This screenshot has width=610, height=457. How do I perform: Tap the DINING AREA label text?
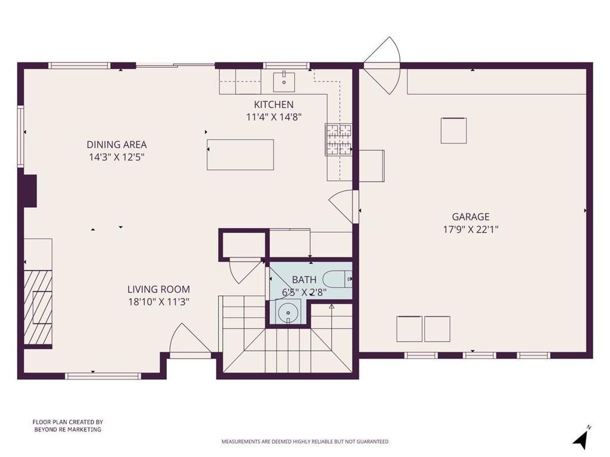click(x=117, y=145)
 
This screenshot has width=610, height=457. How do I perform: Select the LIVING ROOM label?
click(x=158, y=289)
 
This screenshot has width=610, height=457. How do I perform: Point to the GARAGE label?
click(x=470, y=217)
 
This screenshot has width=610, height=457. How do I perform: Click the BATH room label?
click(x=304, y=280)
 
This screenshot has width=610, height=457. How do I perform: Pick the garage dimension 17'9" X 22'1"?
click(x=470, y=229)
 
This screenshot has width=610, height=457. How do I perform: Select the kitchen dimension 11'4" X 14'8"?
click(x=274, y=117)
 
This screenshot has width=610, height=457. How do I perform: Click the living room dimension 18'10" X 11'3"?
click(x=158, y=302)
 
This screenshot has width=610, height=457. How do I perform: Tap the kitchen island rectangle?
click(x=240, y=155)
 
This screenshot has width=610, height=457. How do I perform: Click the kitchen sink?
click(x=284, y=81)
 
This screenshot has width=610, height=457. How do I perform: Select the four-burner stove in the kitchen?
click(x=338, y=140)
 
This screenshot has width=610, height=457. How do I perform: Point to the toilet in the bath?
click(x=337, y=278)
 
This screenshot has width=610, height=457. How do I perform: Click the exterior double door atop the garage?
click(x=383, y=65)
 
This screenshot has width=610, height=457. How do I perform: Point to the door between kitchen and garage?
click(x=344, y=206)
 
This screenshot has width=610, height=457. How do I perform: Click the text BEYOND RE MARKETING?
click(x=67, y=430)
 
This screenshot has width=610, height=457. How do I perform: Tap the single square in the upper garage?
click(x=453, y=131)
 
